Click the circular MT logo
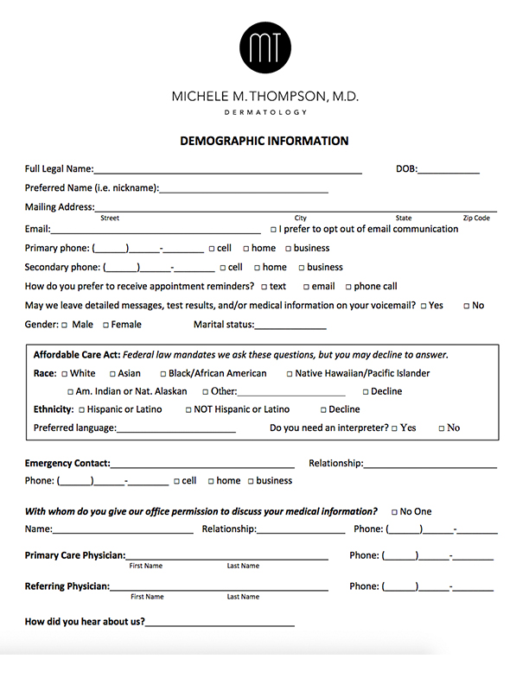click(264, 46)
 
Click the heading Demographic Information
click(264, 141)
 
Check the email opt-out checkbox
click(273, 230)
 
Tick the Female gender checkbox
click(106, 325)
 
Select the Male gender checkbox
click(64, 325)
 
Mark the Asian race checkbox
click(112, 374)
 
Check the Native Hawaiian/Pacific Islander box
click(289, 374)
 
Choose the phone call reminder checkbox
click(348, 287)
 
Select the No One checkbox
click(394, 512)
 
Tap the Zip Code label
click(476, 218)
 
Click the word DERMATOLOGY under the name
click(264, 112)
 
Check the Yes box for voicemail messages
click(424, 306)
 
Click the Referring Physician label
click(67, 586)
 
